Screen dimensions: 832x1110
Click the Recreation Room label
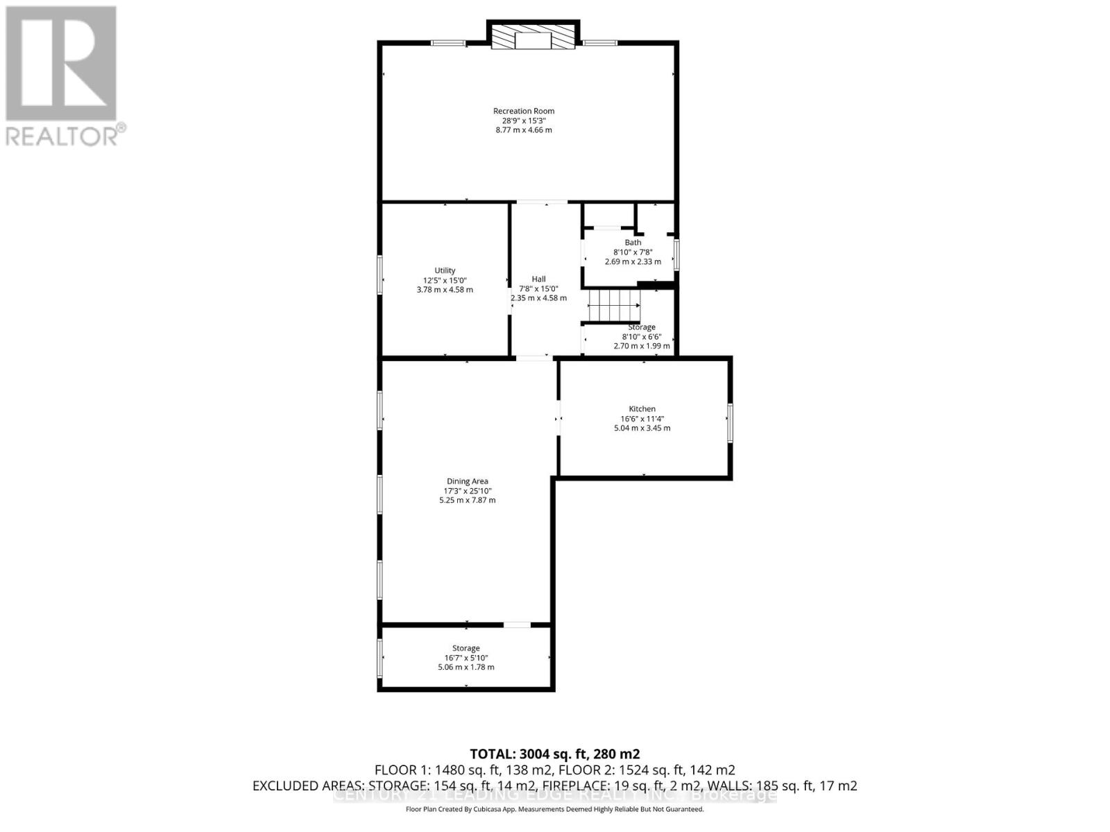524,111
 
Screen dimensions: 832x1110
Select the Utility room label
445,270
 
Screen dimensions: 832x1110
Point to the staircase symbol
613,305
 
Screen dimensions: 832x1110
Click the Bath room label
633,243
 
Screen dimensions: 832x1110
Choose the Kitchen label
642,409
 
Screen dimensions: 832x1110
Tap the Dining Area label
467,481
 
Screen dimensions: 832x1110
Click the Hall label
538,279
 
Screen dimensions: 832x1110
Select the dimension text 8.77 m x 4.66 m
524,130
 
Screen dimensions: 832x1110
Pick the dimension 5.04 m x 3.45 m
642,428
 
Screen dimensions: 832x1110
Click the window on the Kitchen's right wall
730,423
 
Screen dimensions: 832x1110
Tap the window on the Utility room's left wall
380,275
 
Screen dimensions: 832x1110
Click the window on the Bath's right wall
676,254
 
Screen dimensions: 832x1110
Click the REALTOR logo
62,76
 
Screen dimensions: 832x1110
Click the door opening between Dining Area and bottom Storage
517,625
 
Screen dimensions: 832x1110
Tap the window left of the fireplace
448,43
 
